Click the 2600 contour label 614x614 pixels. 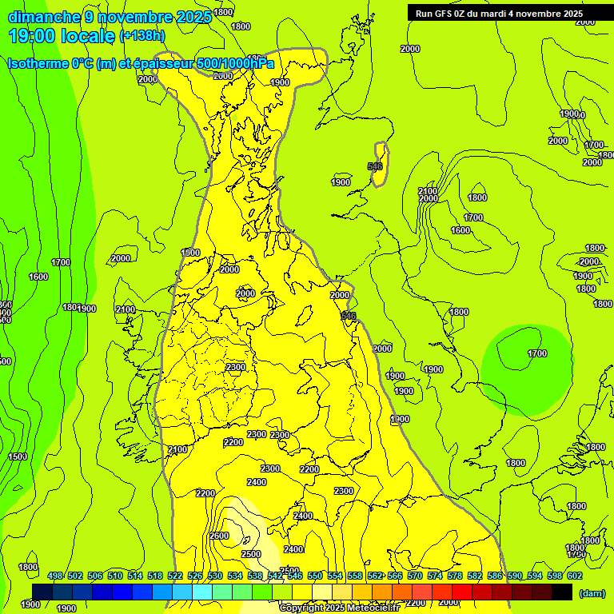tap(219, 536)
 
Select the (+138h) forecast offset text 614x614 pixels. tap(142, 35)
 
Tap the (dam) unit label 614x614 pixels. tap(592, 592)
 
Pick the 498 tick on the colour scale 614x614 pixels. tap(55, 576)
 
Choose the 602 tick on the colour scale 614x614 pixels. tap(575, 576)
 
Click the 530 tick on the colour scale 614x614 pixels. tap(215, 576)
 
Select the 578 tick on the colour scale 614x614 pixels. tap(455, 576)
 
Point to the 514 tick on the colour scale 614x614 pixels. tap(135, 576)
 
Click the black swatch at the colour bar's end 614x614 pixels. tap(562, 592)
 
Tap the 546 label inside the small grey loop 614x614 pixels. tap(375, 166)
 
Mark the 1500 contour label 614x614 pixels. tap(18, 457)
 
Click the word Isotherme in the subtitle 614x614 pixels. tap(37, 63)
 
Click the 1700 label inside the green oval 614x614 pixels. tap(537, 353)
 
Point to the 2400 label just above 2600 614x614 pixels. tap(257, 482)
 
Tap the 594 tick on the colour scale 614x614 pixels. tap(535, 576)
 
